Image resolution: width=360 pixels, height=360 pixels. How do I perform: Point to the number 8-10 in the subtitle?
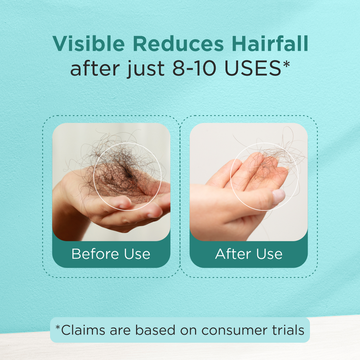click(194, 69)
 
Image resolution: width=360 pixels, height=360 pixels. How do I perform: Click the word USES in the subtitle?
click(253, 69)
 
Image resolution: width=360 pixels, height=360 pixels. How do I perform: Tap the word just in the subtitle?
click(145, 69)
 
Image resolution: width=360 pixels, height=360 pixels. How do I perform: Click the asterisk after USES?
click(286, 64)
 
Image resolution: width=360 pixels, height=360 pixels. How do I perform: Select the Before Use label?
click(111, 254)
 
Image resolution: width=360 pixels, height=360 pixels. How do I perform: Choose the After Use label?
click(249, 254)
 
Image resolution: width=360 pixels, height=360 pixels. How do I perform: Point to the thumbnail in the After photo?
click(278, 197)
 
